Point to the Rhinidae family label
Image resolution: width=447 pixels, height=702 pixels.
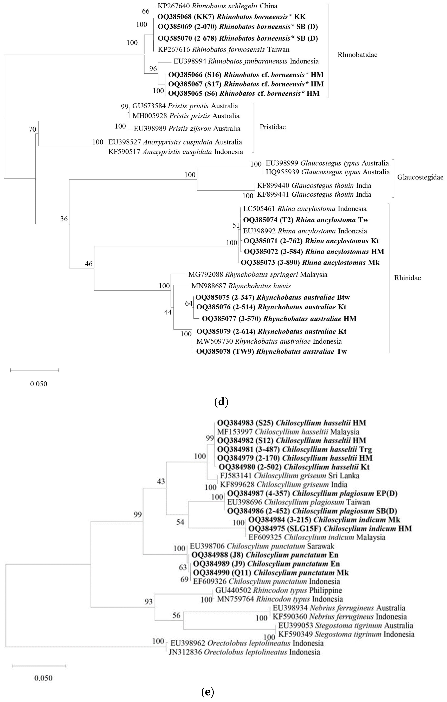click(x=407, y=278)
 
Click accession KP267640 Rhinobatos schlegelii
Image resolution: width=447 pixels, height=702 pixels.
click(x=217, y=6)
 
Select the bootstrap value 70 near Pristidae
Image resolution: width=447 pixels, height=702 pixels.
click(x=32, y=129)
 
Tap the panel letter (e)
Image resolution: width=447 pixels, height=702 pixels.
click(x=207, y=692)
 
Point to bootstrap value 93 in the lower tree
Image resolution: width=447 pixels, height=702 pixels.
click(x=148, y=601)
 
